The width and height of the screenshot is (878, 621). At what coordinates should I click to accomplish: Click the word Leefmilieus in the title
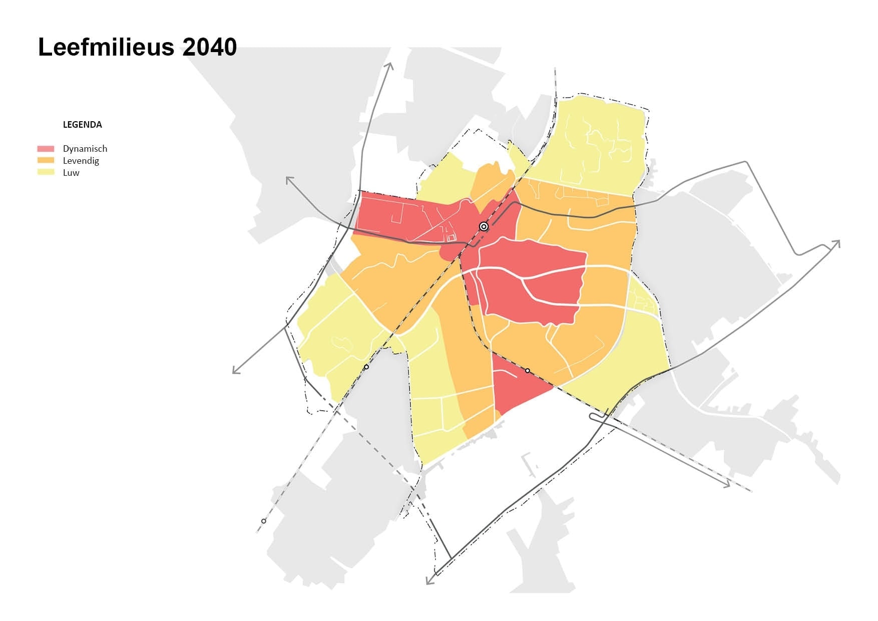106,48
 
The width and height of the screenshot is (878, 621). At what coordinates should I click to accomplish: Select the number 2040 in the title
209,48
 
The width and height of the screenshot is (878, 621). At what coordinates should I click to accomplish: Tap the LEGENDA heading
82,125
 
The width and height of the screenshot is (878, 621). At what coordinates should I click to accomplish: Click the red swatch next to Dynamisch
46,149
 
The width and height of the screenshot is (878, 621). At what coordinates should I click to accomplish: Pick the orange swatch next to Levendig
46,160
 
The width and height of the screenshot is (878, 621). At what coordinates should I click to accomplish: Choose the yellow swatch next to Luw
46,172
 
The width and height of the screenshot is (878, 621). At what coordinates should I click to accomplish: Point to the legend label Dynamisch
85,149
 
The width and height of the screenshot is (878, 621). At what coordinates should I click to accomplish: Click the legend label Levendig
81,161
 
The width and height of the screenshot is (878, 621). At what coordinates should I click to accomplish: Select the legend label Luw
71,173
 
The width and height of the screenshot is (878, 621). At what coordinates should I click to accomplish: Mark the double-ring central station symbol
484,226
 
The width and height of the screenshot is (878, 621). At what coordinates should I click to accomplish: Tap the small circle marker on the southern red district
528,371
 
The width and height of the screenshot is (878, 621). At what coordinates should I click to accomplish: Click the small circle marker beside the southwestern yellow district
366,367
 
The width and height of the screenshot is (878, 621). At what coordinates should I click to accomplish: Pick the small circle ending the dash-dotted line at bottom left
264,521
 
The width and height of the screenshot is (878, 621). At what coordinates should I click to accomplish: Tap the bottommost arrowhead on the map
428,582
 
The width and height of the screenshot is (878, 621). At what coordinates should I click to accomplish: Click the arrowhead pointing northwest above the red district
289,179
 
